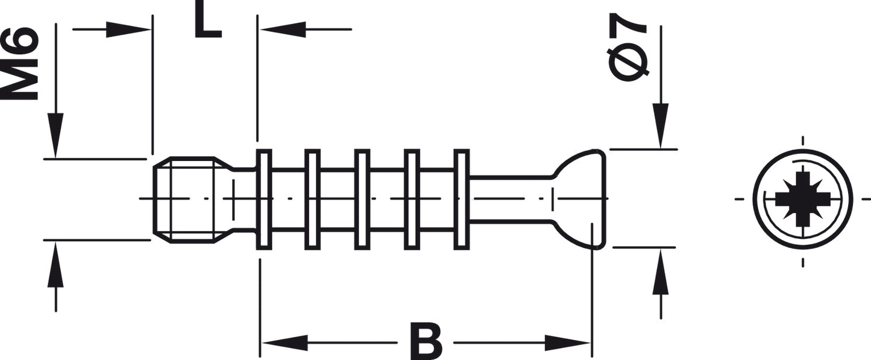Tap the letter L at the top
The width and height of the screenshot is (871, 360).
(x=208, y=22)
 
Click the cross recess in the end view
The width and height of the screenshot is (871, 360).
(x=802, y=199)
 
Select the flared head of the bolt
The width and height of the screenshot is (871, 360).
(x=579, y=199)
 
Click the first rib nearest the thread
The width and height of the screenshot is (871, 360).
(x=263, y=199)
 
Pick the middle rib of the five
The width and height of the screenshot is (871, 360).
(x=362, y=199)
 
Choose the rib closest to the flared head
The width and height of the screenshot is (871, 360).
(x=462, y=199)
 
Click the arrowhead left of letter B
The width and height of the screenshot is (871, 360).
(x=285, y=343)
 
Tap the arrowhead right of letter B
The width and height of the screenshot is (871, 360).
(x=567, y=343)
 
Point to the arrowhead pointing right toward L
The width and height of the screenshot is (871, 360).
(x=128, y=30)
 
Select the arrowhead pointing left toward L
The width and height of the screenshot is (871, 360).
(x=283, y=30)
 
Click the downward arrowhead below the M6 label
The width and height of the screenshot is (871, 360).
(x=55, y=136)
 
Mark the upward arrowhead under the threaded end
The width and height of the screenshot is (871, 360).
(x=55, y=265)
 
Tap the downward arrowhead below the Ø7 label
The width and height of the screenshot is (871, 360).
(x=660, y=125)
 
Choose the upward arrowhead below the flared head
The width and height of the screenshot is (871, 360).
(x=661, y=271)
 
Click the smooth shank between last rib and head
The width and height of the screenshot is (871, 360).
(x=511, y=199)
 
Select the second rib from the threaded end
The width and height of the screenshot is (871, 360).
(x=312, y=199)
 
